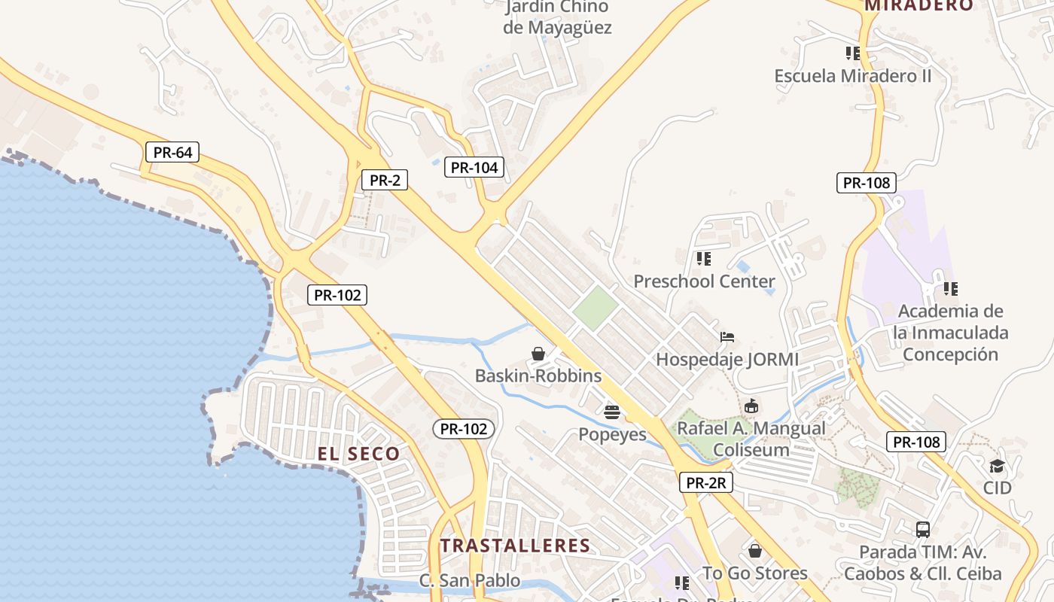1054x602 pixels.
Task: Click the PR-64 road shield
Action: pos(172,152)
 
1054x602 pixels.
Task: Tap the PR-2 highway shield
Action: pos(384,180)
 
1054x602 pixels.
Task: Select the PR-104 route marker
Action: pos(474,167)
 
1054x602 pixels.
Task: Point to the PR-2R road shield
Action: pos(705,482)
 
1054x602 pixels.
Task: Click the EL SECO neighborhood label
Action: pos(358,454)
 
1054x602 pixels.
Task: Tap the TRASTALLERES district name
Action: pos(515,546)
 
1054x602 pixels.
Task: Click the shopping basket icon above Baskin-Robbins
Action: pos(538,353)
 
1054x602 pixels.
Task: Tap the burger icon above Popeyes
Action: pos(611,412)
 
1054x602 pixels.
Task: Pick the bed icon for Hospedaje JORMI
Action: pos(727,336)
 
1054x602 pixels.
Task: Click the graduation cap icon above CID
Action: pos(997,466)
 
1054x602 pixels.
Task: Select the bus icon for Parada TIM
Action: pos(923,529)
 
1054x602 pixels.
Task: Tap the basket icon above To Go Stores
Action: pos(755,551)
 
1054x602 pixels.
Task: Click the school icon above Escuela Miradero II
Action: pos(853,53)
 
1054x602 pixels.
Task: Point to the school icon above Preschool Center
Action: pos(704,259)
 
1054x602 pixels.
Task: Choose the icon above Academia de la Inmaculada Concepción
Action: pos(951,288)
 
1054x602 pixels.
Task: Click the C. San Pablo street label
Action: pos(470,580)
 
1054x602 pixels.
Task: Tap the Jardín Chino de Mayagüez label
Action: pos(557,18)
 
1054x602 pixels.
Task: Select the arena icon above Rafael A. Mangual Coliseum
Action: pos(751,406)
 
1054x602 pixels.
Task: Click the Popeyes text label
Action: pos(612,434)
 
